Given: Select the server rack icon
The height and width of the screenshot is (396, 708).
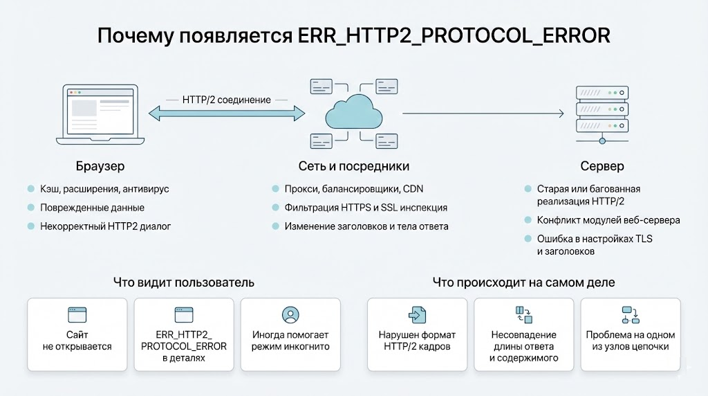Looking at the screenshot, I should tap(602, 111).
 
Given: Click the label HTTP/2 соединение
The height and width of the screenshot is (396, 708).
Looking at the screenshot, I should tap(227, 100).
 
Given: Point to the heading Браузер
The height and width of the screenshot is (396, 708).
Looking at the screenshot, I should tap(100, 166).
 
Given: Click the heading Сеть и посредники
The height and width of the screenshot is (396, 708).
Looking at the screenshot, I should tap(354, 166).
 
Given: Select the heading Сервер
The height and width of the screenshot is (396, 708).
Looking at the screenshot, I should tap(602, 166).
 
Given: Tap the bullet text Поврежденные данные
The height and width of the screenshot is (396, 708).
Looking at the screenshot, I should tap(91, 208).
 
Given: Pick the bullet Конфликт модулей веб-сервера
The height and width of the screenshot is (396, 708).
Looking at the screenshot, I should tap(608, 220).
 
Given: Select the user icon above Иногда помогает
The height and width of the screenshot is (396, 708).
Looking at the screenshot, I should tap(290, 315).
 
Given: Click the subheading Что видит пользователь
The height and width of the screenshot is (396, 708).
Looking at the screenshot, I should tap(184, 282).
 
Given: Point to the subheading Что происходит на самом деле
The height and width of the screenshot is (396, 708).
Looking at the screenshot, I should tap(523, 282).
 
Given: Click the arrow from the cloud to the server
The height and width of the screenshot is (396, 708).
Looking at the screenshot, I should tap(481, 112).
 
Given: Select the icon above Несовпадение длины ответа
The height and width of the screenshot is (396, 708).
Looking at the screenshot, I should tap(523, 315).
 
